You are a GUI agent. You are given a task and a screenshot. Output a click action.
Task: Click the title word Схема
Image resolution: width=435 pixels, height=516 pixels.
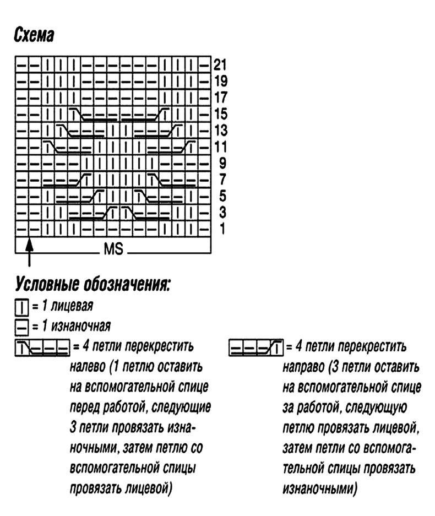pyautogui.click(x=34, y=36)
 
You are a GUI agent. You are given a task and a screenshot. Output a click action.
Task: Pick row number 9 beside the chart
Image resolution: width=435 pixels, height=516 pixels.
pyautogui.click(x=222, y=164)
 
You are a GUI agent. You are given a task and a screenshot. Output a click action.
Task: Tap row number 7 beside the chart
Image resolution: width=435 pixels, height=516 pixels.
pyautogui.click(x=222, y=180)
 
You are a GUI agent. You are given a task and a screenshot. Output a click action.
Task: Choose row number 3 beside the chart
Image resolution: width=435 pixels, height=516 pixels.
pyautogui.click(x=222, y=212)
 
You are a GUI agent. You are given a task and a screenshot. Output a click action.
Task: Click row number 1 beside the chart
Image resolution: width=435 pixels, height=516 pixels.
pyautogui.click(x=222, y=228)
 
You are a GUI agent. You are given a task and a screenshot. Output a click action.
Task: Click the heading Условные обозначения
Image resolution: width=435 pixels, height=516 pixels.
pyautogui.click(x=93, y=284)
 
